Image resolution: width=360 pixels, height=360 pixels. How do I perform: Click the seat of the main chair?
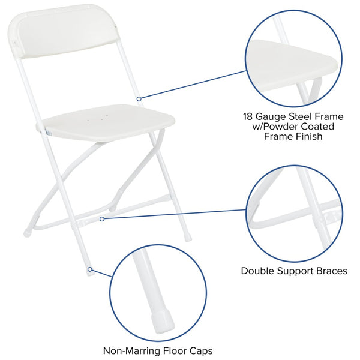tap(108, 122)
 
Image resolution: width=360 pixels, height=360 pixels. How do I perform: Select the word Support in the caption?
tap(295, 271)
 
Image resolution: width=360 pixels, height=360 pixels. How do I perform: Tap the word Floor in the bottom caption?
tap(173, 351)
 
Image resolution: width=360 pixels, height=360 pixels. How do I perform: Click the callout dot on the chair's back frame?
tap(139, 98)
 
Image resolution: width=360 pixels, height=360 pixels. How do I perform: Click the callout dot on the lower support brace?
tap(102, 219)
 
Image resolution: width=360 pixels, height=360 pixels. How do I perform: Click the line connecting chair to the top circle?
tap(192, 85)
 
